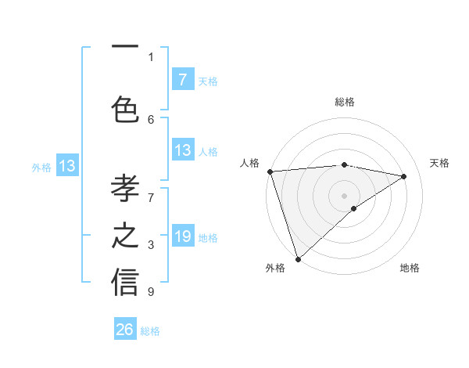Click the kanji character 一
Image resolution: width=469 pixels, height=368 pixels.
coord(125,49)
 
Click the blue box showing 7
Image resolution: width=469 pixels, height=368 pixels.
coord(183,79)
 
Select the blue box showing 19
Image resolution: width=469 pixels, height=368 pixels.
coord(183,236)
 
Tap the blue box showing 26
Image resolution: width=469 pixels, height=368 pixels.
coord(125,330)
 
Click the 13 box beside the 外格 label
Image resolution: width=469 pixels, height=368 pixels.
coord(66,166)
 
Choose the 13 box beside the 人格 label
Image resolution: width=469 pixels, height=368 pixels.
coord(183,150)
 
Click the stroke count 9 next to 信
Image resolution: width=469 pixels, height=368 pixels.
coord(151,292)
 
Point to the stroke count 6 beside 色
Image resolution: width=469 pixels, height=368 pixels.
coord(151,119)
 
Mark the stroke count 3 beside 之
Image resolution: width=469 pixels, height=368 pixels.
coord(151,245)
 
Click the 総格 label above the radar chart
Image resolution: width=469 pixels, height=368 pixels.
coord(344,102)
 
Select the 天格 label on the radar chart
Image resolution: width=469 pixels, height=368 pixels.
coord(440,163)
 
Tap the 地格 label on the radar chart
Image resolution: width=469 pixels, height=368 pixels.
coord(410,268)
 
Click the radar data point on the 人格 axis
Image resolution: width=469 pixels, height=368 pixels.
coord(270,171)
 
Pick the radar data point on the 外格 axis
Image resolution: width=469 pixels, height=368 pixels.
coord(298,258)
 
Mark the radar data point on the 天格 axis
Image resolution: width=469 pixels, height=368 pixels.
coord(404,176)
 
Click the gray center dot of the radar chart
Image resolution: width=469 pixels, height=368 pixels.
coord(344,195)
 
